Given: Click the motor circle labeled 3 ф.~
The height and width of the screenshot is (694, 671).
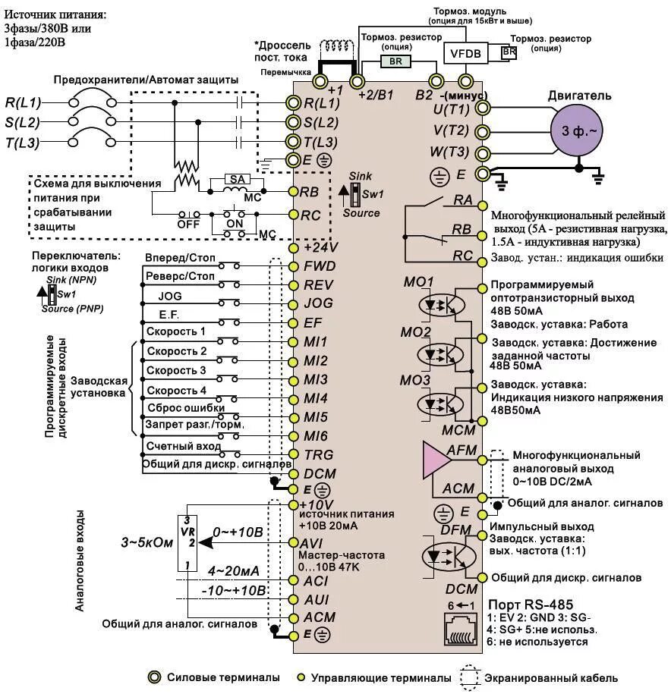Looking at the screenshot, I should (577, 130).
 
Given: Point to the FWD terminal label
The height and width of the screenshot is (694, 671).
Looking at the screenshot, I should (320, 267).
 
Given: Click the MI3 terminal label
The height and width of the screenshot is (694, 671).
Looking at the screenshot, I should (316, 379).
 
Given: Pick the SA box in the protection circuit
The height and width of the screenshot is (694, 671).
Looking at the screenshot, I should (235, 180).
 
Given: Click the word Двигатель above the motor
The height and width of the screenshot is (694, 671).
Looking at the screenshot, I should (580, 96).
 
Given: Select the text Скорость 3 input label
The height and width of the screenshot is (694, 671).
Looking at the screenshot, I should (176, 370).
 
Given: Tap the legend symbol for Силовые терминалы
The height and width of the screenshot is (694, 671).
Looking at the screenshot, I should (155, 677).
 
